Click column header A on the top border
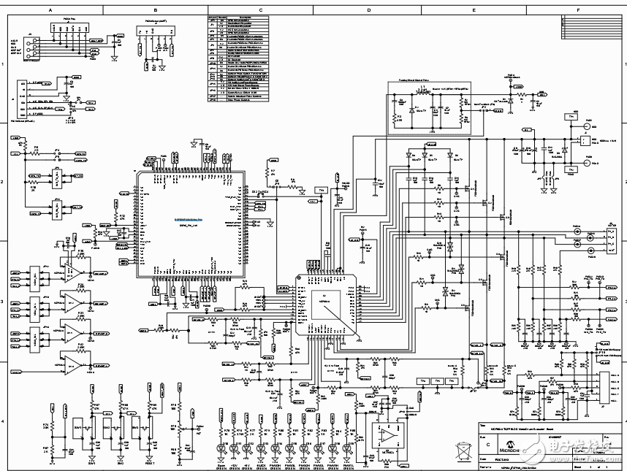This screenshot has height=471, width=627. pos(50,10)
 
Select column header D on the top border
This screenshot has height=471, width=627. pos(368,10)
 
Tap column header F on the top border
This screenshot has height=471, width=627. pos(579,10)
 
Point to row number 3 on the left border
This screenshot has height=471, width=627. pos(4,300)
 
